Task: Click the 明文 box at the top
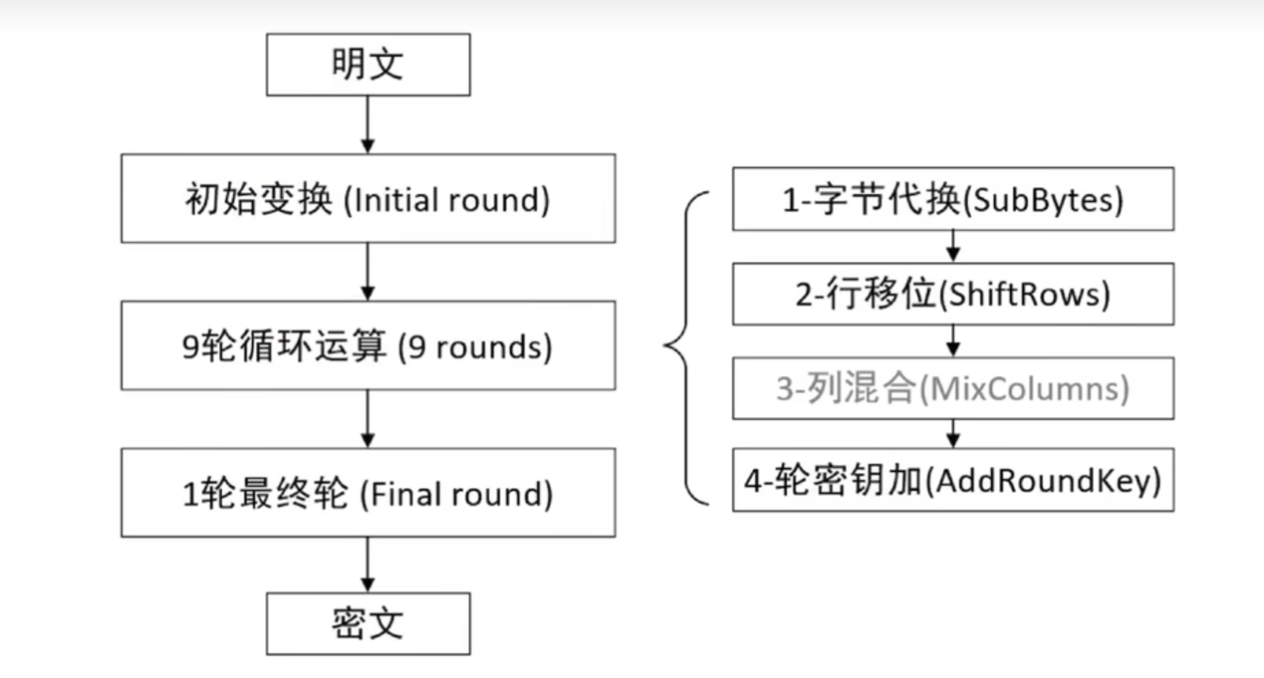pos(368,65)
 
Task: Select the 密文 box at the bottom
pos(368,623)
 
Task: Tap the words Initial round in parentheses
pos(447,200)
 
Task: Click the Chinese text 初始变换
pos(258,199)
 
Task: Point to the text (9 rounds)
pos(475,346)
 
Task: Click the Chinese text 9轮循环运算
pos(284,345)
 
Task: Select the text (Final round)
pos(456,495)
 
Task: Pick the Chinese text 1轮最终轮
pos(265,494)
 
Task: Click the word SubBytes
pos(1043,201)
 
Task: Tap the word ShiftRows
pos(1024,295)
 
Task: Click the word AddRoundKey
pos(1042,481)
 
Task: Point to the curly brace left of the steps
pos(686,345)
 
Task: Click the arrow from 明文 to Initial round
pos(368,124)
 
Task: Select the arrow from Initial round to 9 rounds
pos(368,272)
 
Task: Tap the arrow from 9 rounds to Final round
pos(368,419)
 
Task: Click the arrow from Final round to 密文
pos(368,565)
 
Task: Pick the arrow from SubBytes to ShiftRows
pos(953,247)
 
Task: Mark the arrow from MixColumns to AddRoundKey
pos(953,434)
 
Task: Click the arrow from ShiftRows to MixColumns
pos(953,340)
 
